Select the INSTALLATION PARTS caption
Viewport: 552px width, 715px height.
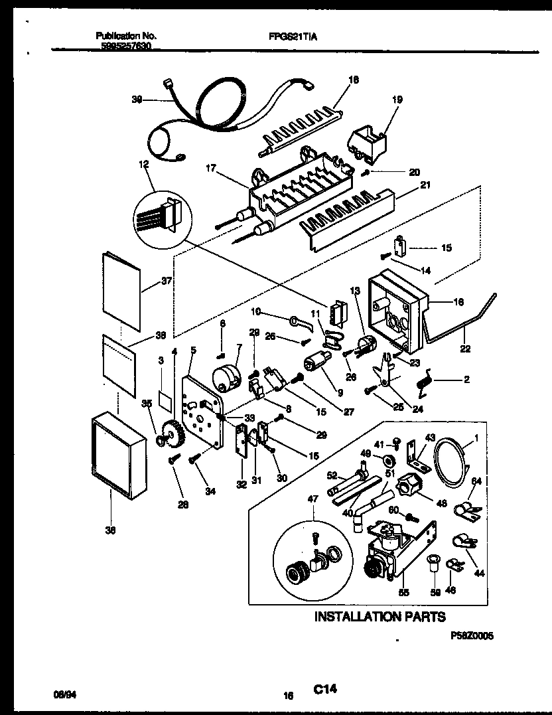pos(379,617)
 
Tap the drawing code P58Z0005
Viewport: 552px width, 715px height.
pos(471,635)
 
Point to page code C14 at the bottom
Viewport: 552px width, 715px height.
pos(325,690)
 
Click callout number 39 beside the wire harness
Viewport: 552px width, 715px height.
pos(137,100)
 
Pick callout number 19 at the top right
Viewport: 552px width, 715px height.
pos(397,101)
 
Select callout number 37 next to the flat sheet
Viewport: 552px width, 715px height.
pos(166,281)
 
